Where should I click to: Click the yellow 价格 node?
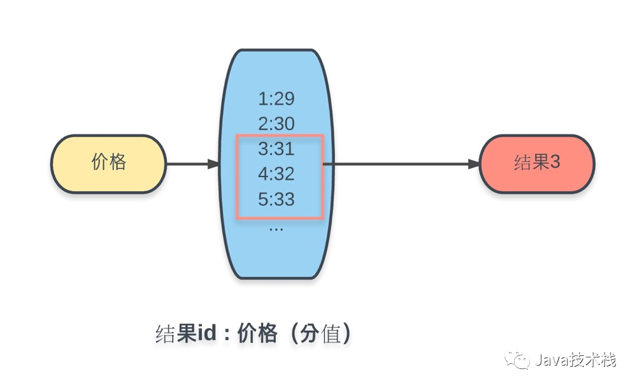108,163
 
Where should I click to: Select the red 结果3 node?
536,163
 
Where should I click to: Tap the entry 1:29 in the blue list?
276,99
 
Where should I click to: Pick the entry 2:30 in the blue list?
276,124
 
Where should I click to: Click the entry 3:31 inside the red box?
276,148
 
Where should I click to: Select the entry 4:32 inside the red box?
276,174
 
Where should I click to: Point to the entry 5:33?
276,199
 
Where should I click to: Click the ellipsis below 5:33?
276,227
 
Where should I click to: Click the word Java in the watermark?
549,361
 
